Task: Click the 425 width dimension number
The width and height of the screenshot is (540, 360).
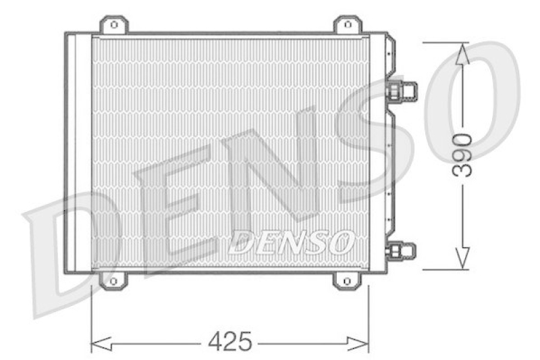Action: click(x=230, y=342)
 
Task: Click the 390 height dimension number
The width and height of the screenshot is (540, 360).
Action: click(x=462, y=155)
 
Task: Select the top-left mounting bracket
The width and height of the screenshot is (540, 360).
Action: click(x=113, y=26)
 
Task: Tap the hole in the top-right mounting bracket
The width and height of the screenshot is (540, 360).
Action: click(x=347, y=25)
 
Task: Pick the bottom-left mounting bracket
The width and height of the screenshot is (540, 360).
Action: click(x=113, y=279)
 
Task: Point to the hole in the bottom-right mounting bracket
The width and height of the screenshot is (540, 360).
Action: click(x=346, y=280)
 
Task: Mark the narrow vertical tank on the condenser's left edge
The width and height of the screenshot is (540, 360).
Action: click(x=82, y=152)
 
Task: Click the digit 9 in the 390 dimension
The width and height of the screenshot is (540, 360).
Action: click(x=462, y=155)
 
